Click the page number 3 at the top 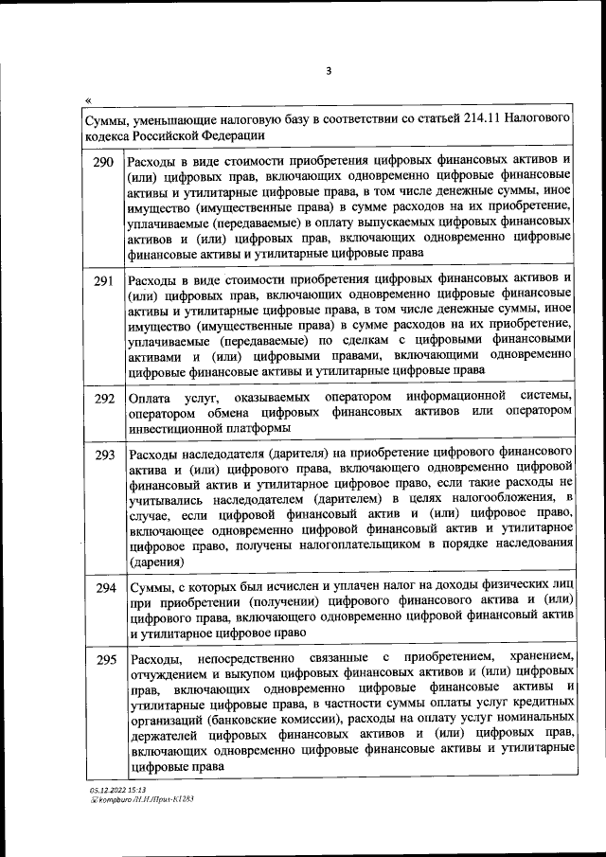pyautogui.click(x=327, y=69)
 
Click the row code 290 pyautogui.click(x=104, y=162)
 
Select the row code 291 pyautogui.click(x=104, y=280)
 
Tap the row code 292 pyautogui.click(x=104, y=399)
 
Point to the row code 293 pyautogui.click(x=104, y=455)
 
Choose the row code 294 pyautogui.click(x=104, y=588)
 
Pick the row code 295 pyautogui.click(x=104, y=659)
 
